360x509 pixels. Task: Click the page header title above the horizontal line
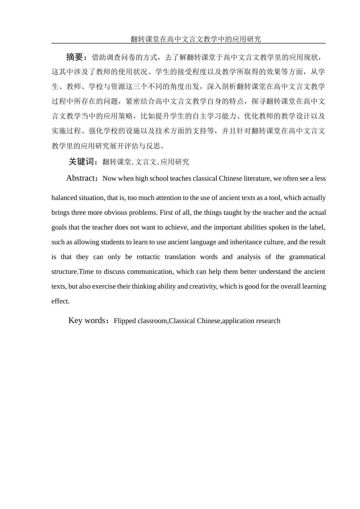[x=196, y=39]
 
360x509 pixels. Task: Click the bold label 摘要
[x=74, y=57]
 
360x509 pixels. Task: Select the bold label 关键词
[x=81, y=162]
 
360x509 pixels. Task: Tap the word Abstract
[x=80, y=178]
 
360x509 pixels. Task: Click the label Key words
[x=87, y=321]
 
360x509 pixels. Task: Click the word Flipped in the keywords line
[x=125, y=321]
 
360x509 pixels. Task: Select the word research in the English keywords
[x=268, y=321]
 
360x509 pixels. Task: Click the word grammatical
[x=305, y=257]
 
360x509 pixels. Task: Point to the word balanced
[x=64, y=198]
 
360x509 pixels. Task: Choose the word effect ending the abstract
[x=60, y=301]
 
